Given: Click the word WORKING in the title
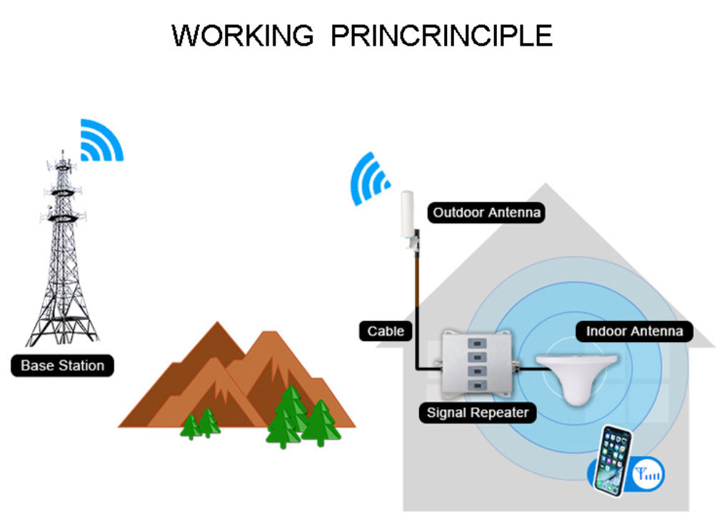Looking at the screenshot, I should click(x=243, y=35).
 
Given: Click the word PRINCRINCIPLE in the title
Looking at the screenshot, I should click(x=441, y=35).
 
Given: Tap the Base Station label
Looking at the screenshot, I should click(x=62, y=366).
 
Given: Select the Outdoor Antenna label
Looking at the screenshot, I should click(x=487, y=212).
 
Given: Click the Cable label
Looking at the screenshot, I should click(x=386, y=331).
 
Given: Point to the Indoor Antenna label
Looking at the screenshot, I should click(x=634, y=331).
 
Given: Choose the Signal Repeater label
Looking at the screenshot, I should click(x=477, y=412).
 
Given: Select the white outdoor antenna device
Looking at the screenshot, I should click(x=408, y=218).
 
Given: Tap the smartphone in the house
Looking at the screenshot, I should click(x=613, y=460).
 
